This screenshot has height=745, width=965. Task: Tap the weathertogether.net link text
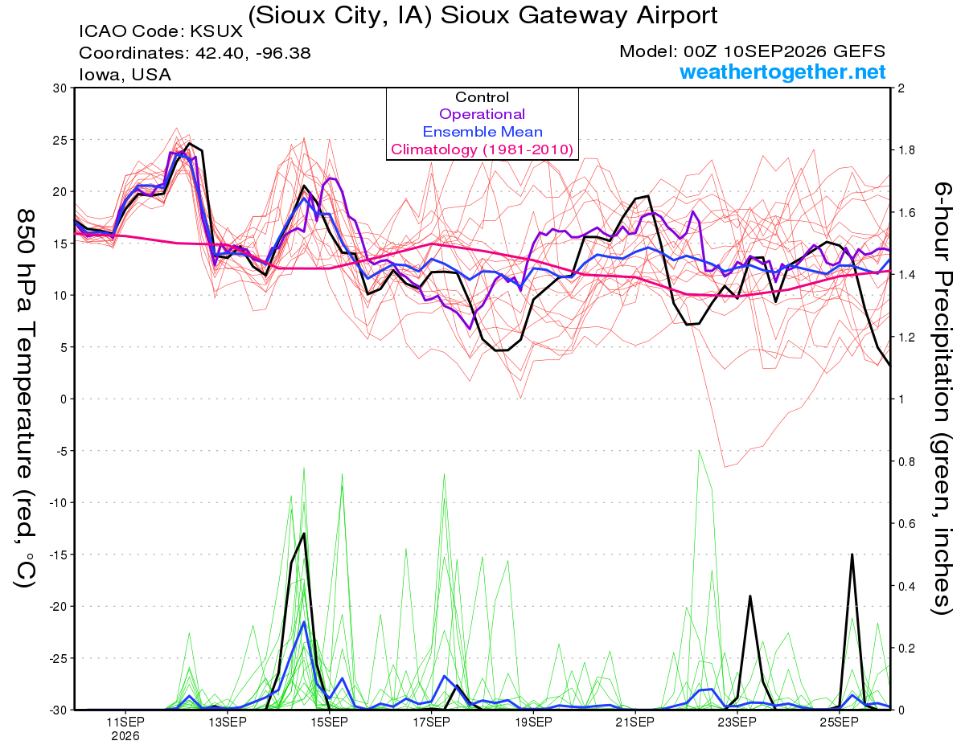[x=782, y=72]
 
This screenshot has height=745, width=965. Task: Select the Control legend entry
[x=482, y=97]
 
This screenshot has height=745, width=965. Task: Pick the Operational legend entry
[x=482, y=114]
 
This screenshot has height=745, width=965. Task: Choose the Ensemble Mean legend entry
[x=482, y=132]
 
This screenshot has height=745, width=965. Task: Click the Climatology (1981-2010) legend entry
[x=482, y=149]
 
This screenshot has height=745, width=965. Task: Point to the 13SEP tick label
[x=228, y=722]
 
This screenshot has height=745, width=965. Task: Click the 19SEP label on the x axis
[x=533, y=722]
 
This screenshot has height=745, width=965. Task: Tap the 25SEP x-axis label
[x=839, y=722]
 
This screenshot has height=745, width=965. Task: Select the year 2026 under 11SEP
[x=125, y=737]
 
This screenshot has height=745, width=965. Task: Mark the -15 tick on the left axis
[x=58, y=555]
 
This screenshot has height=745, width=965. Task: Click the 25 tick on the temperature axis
[x=60, y=140]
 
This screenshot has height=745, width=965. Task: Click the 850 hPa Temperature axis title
[x=26, y=399]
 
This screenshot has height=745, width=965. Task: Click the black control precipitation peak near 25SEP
[x=852, y=555]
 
